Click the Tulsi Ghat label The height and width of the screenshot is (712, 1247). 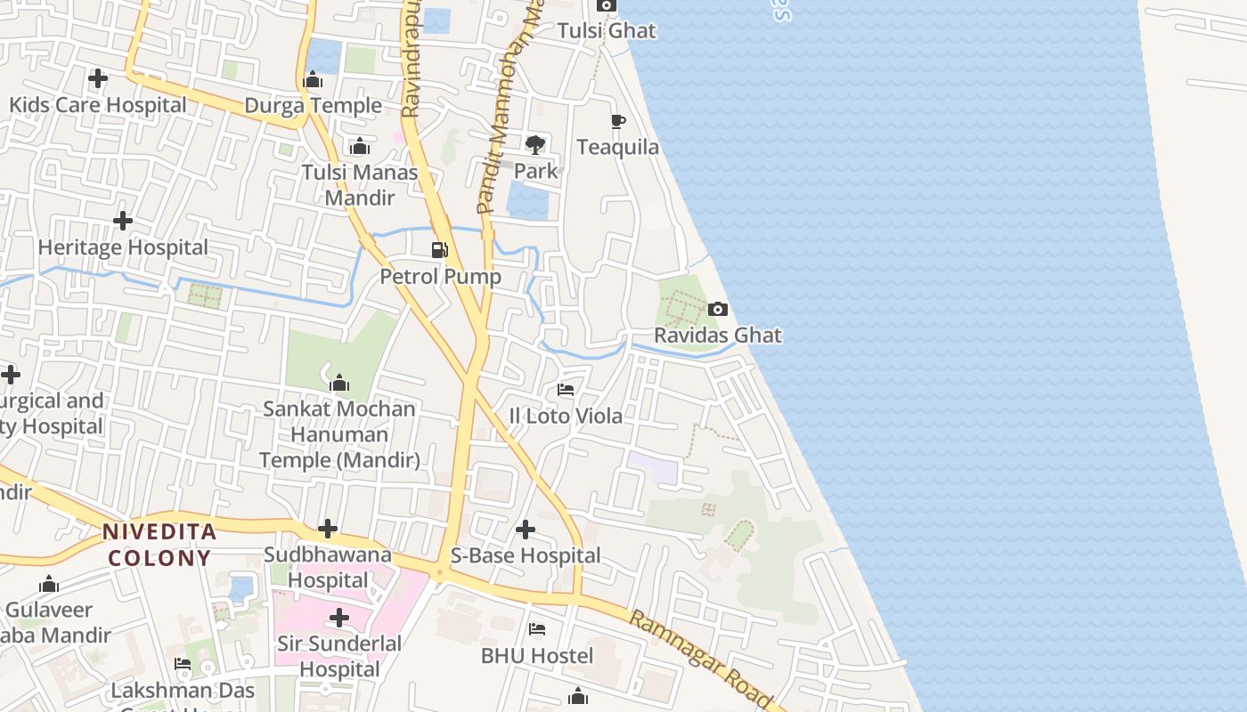click(x=606, y=30)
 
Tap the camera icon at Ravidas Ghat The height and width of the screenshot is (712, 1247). click(x=717, y=310)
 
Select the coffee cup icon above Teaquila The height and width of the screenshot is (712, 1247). click(x=618, y=121)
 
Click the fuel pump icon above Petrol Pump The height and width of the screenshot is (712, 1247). click(x=439, y=250)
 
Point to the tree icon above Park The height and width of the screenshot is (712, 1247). click(x=535, y=144)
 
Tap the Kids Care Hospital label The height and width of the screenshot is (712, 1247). click(x=98, y=105)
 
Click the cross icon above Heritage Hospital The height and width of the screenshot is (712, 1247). click(x=123, y=220)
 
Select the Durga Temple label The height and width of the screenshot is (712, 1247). click(x=313, y=106)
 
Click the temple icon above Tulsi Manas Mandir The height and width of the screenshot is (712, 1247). click(x=360, y=146)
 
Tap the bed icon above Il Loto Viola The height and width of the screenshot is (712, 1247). click(x=566, y=389)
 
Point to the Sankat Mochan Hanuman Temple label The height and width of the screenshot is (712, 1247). click(x=339, y=434)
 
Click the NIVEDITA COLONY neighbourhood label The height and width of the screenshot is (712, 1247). click(x=159, y=545)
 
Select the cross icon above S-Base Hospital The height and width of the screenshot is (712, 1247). click(x=526, y=530)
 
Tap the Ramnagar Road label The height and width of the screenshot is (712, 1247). click(x=699, y=659)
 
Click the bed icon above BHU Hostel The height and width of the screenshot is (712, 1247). click(x=537, y=629)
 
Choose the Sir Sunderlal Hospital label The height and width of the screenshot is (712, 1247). click(x=339, y=656)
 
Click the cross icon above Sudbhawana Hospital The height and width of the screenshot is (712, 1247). click(x=328, y=529)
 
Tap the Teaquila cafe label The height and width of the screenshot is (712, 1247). click(x=618, y=147)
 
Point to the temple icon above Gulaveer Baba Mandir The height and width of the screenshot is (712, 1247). click(x=49, y=585)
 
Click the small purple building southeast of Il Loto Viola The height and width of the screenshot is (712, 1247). click(x=654, y=468)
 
